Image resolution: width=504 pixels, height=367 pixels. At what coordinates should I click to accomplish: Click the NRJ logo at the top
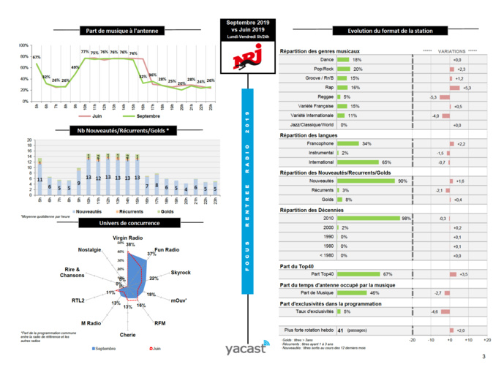pos(245,61)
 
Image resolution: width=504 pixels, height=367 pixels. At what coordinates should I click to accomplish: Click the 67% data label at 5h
pos(36,57)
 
